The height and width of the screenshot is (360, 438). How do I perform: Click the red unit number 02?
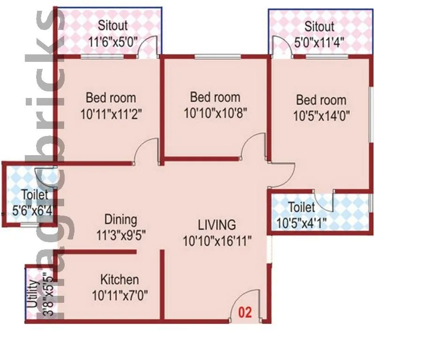(x=245, y=313)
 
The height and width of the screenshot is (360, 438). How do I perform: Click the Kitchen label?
(x=119, y=280)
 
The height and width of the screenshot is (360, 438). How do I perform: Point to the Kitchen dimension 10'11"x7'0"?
(x=120, y=296)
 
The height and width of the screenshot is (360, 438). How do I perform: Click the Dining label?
(x=120, y=219)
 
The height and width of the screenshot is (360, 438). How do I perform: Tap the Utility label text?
(x=31, y=294)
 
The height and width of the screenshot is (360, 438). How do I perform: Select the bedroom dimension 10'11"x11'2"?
(x=111, y=114)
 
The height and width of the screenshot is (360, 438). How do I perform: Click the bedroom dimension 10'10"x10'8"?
(x=215, y=113)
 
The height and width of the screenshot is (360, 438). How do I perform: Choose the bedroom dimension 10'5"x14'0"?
(x=321, y=115)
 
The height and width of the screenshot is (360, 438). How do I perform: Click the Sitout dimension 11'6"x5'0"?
(x=112, y=41)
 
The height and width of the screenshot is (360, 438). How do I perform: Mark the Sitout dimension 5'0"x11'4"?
(x=319, y=42)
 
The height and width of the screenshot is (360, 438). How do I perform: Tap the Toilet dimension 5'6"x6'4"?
(x=30, y=210)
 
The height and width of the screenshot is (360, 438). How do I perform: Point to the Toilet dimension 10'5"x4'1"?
(x=301, y=223)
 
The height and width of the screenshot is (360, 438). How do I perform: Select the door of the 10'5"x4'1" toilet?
(x=324, y=200)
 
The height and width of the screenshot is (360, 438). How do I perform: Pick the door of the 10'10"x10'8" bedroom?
(x=254, y=147)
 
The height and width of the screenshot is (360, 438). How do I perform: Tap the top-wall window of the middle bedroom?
(x=218, y=57)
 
